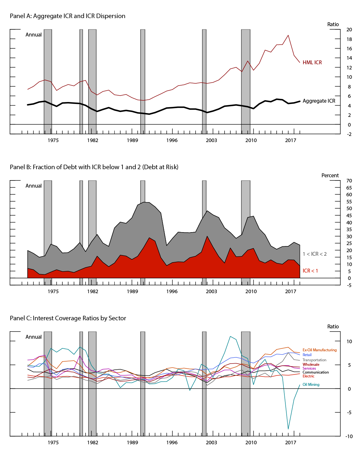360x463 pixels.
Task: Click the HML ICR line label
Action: click(312, 63)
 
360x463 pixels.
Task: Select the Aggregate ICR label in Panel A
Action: click(319, 101)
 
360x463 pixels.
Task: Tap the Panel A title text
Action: click(68, 16)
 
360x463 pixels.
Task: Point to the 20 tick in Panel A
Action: click(349, 30)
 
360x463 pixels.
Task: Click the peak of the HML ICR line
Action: click(288, 35)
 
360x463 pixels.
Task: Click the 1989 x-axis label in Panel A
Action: click(132, 140)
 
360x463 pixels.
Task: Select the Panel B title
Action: click(94, 167)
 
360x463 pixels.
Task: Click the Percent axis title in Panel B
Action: click(330, 176)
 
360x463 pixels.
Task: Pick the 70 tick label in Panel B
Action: click(349, 181)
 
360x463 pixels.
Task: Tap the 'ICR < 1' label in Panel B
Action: click(310, 271)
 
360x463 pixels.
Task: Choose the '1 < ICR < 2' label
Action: click(314, 254)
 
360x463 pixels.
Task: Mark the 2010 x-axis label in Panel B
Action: click(251, 291)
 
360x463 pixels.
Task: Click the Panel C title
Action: click(68, 318)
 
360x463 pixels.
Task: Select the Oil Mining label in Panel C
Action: click(311, 385)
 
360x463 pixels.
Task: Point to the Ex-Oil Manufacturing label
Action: click(319, 350)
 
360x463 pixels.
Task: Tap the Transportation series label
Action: click(314, 360)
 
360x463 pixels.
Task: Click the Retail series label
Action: click(307, 355)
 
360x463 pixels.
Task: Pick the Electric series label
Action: click(308, 376)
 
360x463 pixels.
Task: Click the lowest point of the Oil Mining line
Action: click(288, 429)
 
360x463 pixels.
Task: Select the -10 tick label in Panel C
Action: click(349, 437)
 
